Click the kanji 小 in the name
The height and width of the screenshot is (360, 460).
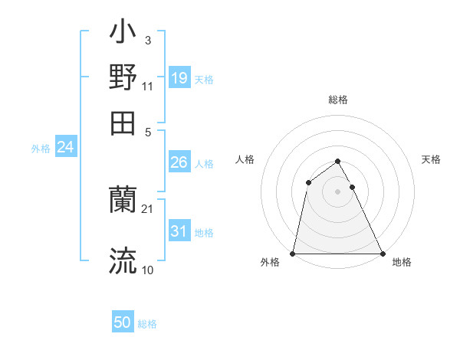point(123,35)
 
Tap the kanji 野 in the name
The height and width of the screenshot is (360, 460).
point(123,77)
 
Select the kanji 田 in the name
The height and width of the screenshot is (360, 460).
point(123,122)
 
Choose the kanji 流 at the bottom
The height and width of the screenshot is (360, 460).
point(123,260)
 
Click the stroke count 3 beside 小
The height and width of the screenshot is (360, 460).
point(147,40)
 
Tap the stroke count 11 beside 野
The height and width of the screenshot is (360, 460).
point(148,86)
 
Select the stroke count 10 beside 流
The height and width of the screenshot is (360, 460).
point(148,270)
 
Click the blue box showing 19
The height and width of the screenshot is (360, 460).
point(179,78)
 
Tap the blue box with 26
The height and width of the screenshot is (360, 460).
point(179,162)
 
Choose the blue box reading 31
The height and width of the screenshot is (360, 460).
point(179,231)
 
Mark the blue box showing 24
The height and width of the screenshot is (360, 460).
point(65,147)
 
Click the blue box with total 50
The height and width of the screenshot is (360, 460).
point(123,322)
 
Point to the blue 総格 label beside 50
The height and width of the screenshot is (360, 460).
point(148,324)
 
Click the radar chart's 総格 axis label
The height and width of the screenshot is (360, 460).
point(337,100)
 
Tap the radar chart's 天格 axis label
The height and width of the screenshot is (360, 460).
point(432,159)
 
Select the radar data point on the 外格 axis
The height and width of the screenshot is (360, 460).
point(293,254)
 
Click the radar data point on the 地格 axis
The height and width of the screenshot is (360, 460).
point(382,254)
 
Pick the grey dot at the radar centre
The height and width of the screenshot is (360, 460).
point(337,191)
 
